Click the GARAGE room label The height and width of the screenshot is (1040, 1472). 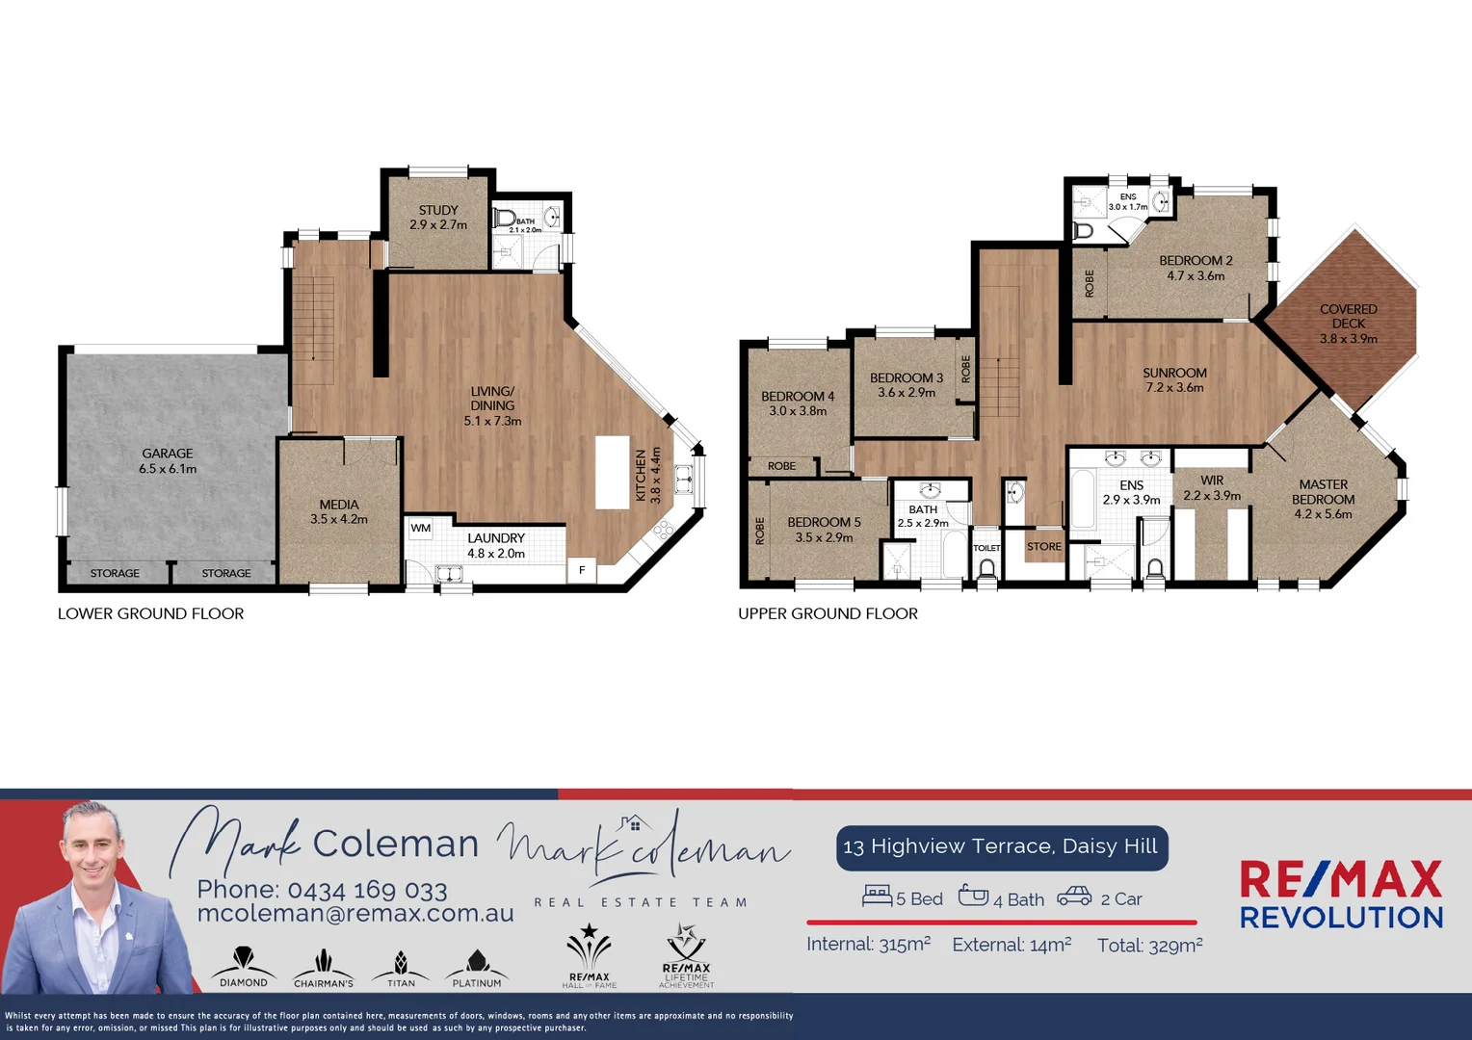click(168, 460)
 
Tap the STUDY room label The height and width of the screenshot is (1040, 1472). click(438, 217)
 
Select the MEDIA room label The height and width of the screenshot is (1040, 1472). click(339, 511)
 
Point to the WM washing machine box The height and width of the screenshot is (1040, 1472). click(421, 529)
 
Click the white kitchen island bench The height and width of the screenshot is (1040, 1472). click(612, 472)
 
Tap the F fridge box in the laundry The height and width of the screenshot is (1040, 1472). click(582, 570)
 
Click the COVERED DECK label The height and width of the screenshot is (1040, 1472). click(1349, 324)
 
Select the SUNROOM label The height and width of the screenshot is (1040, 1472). click(1174, 379)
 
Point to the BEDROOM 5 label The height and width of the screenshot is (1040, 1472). click(824, 530)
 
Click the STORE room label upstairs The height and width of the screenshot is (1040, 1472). click(1044, 546)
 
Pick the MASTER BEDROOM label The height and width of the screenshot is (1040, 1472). click(1324, 499)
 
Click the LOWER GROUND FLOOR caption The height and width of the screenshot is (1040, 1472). click(150, 613)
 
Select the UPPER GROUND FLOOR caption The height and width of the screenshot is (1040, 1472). click(828, 613)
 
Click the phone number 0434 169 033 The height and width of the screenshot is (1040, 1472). click(367, 890)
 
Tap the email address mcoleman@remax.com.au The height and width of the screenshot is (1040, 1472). click(355, 914)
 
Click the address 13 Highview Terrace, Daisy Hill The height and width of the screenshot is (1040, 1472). click(1000, 846)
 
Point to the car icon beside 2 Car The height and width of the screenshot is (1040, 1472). click(1074, 897)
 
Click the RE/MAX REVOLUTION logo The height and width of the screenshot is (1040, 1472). click(1341, 896)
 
